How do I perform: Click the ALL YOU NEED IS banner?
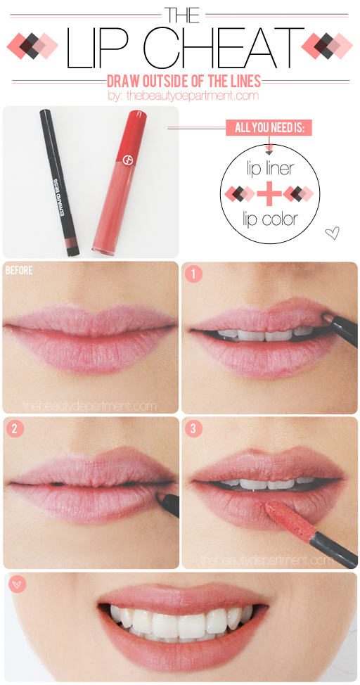tap(269, 128)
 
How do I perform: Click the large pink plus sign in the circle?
tap(269, 192)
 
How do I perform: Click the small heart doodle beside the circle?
tap(333, 233)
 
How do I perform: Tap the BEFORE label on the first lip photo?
tap(19, 270)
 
